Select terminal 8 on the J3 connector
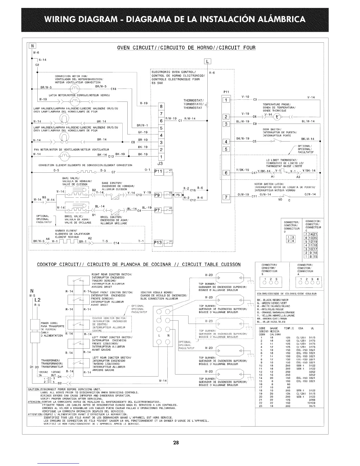[161, 106]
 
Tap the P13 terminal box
[158, 243]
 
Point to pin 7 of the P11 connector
[226, 197]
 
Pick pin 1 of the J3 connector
[161, 157]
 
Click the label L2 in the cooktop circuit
[38, 300]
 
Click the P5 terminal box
[178, 194]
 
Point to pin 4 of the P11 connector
[226, 142]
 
